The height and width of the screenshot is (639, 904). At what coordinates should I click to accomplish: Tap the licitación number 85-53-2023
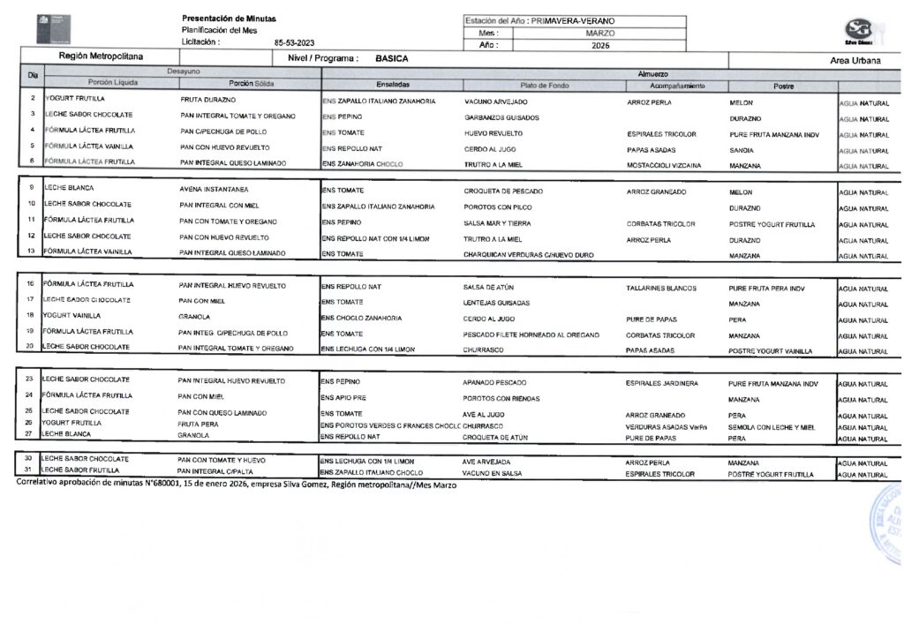point(293,42)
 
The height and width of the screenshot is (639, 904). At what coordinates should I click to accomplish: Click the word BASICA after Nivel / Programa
point(391,58)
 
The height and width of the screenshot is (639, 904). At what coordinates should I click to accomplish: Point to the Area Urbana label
point(855,60)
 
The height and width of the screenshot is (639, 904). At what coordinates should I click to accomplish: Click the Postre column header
point(783,86)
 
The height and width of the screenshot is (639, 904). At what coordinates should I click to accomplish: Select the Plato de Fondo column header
point(545,86)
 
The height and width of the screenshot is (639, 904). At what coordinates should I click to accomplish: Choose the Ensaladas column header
point(392,86)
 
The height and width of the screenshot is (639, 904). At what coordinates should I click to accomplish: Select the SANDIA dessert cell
point(742,150)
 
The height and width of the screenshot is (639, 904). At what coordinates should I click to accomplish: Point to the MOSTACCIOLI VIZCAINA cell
point(662,165)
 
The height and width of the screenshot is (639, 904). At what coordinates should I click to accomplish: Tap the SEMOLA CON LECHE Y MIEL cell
point(771,427)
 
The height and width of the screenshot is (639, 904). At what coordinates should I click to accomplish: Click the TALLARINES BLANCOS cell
point(660,288)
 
